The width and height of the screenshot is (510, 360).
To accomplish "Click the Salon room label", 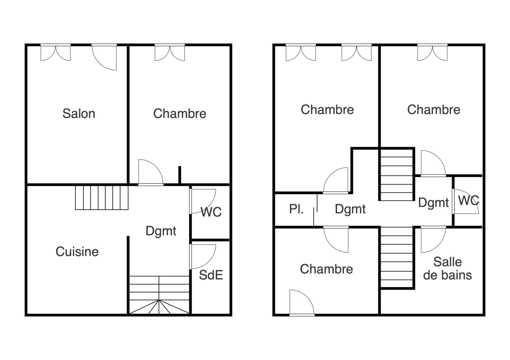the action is (x=79, y=113).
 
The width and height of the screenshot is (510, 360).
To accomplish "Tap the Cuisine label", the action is (x=77, y=252).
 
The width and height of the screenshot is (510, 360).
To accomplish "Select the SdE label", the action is (x=211, y=275).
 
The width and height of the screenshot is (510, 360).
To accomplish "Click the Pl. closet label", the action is (x=296, y=209).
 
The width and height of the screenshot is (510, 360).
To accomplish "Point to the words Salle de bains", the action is (x=448, y=269).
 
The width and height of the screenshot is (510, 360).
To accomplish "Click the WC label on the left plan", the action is (x=211, y=212).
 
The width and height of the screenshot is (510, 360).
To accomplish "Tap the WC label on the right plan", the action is (x=469, y=200).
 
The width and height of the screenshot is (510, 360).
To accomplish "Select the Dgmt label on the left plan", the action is (x=161, y=231).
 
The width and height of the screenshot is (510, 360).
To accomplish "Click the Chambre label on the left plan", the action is (x=180, y=113).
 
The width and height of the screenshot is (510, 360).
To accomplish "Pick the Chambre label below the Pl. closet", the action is (x=326, y=269).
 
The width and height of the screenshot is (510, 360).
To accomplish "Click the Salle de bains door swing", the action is (x=433, y=239).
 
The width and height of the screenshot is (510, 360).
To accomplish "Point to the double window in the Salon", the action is (x=55, y=53).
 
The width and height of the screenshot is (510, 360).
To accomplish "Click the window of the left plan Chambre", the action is (x=170, y=53).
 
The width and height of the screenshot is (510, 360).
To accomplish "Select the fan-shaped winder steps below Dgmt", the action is (x=159, y=307).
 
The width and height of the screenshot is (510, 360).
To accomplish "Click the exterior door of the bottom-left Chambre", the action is (x=302, y=303).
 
